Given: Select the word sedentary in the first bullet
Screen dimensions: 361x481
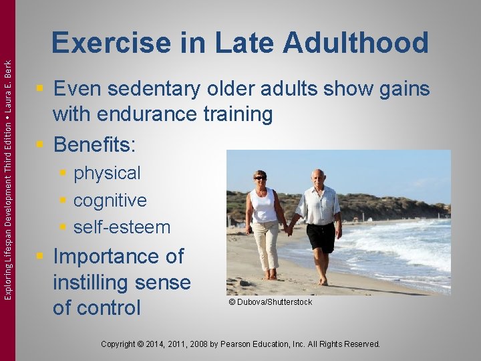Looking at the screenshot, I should point(165,89).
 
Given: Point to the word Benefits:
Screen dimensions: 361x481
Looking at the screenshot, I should point(94,144).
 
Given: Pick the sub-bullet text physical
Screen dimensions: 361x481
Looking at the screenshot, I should point(107,173).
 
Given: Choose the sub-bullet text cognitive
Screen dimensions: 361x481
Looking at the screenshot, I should point(110,200).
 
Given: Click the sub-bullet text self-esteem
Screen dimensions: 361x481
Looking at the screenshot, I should point(122,227).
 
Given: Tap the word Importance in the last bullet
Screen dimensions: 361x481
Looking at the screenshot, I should point(118,256).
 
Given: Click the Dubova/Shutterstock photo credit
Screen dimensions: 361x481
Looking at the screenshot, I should point(270,302).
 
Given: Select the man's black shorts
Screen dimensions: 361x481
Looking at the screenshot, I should point(320,237).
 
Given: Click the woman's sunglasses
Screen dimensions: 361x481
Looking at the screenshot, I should point(260,178).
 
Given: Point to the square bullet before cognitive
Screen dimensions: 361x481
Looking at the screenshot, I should point(63,201).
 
